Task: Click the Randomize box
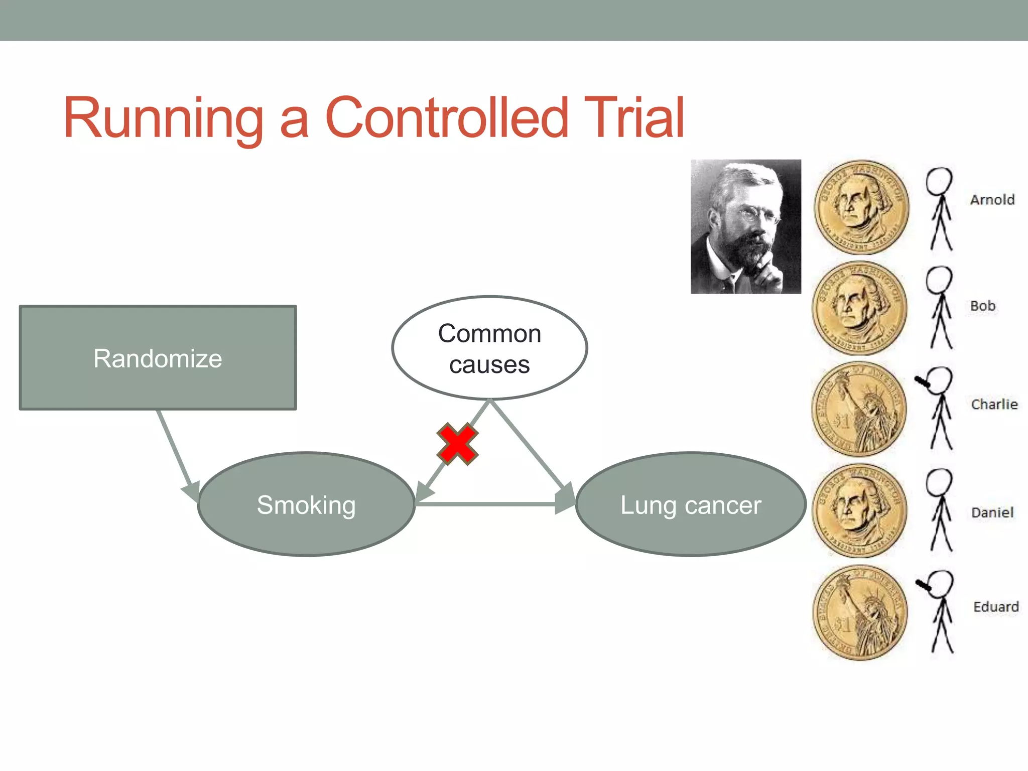(158, 358)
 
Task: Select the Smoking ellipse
(306, 504)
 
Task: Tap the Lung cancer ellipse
(690, 504)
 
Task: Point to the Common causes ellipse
(489, 348)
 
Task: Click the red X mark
(457, 444)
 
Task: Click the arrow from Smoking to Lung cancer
(492, 503)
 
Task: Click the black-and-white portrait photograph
(745, 226)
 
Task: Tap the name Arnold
(992, 200)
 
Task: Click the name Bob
(982, 306)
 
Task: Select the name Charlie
(994, 404)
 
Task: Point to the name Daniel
(992, 512)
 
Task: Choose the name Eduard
(996, 607)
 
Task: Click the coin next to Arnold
(861, 207)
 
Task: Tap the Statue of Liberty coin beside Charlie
(859, 409)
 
